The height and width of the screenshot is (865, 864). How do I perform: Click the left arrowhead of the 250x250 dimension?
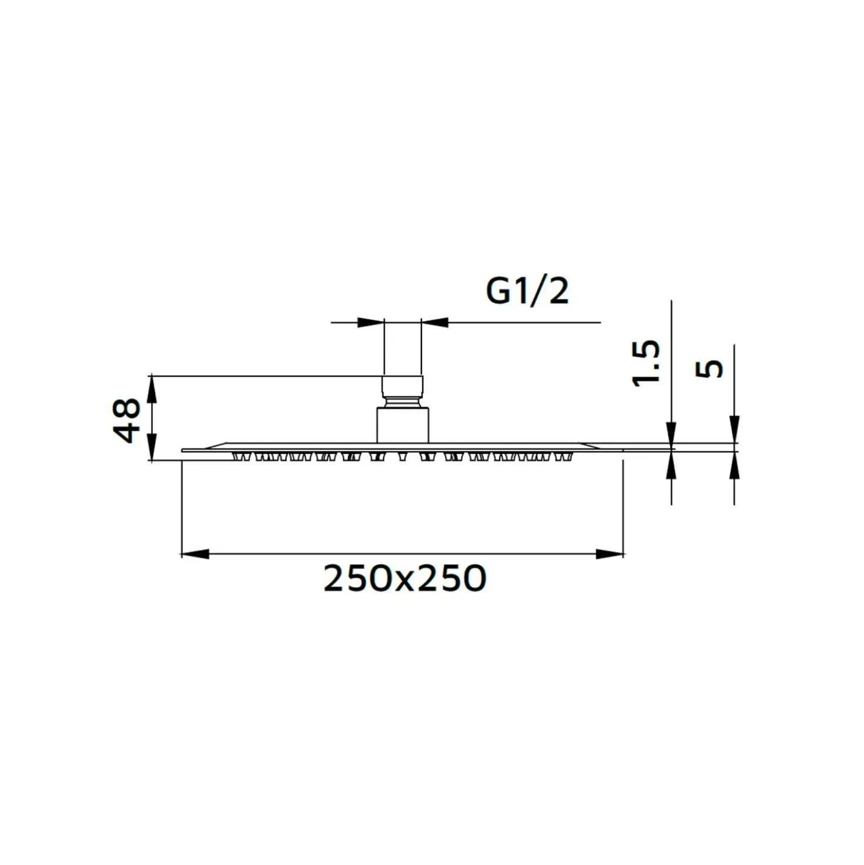pos(195,554)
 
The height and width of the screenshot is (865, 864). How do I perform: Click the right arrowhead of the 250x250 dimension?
pos(610,554)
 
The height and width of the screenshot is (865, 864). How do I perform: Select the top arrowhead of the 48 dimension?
pos(153,389)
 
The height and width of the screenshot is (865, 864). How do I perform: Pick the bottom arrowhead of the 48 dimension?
pos(153,447)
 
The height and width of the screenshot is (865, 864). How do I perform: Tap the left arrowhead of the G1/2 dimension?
pos(371,322)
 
